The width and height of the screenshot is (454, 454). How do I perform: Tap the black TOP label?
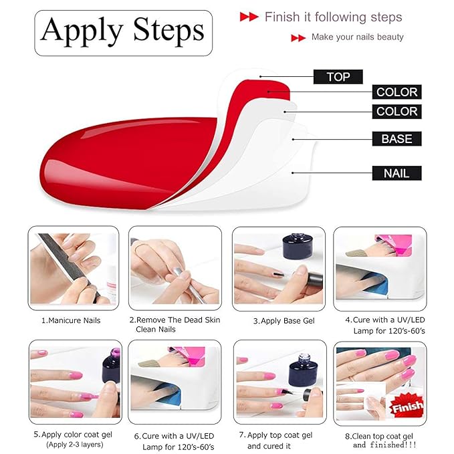pyautogui.click(x=338, y=77)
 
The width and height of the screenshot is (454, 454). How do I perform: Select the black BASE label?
pyautogui.click(x=396, y=139)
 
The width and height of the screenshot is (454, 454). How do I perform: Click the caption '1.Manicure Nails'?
pyautogui.click(x=71, y=320)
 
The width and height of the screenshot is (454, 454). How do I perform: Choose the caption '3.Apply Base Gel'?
pyautogui.click(x=279, y=320)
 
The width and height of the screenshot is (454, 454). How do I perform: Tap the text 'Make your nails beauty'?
pyautogui.click(x=357, y=37)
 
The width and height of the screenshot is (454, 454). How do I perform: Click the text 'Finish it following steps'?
pyautogui.click(x=333, y=17)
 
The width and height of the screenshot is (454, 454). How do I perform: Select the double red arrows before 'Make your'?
pyautogui.click(x=298, y=38)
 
